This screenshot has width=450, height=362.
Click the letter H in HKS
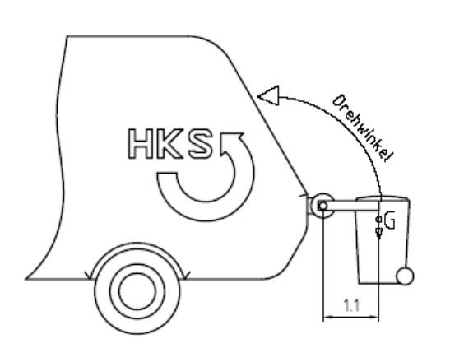click(x=141, y=144)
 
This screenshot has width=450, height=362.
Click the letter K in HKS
click(x=170, y=144)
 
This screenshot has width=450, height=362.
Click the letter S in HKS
click(x=200, y=144)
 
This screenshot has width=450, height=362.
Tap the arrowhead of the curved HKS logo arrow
click(x=232, y=143)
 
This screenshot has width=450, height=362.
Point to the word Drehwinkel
click(x=363, y=128)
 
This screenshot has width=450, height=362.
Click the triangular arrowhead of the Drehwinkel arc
click(x=270, y=95)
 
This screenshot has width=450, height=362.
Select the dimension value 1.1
click(x=351, y=305)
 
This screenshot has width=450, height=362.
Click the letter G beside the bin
click(x=389, y=220)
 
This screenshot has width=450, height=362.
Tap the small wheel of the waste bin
click(x=405, y=276)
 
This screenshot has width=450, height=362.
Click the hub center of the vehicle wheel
click(x=137, y=291)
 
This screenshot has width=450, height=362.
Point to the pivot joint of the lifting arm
click(x=322, y=206)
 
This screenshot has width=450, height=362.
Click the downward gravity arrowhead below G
click(x=378, y=233)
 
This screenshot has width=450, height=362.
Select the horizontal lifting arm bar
click(x=351, y=206)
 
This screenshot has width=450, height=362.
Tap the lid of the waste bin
click(x=383, y=198)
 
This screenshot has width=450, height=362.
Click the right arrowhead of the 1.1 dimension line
click(x=373, y=317)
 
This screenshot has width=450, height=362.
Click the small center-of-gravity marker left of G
click(x=378, y=220)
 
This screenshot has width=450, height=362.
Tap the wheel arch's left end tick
click(x=88, y=275)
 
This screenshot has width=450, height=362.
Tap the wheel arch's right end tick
click(x=186, y=275)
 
